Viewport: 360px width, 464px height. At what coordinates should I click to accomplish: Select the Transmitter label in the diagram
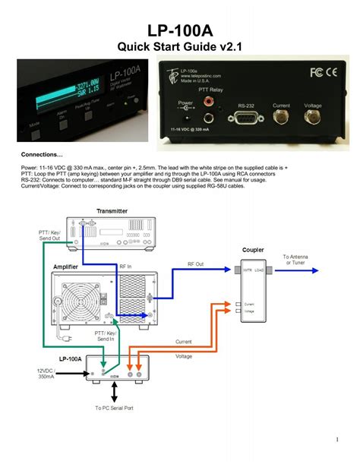point(112,210)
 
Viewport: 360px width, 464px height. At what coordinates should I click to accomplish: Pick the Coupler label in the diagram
point(253,250)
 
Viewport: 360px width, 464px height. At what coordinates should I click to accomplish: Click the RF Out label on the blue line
point(196,264)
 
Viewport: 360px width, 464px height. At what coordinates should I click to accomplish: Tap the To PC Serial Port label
point(115,409)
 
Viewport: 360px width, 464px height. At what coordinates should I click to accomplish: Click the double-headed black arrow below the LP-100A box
point(114,392)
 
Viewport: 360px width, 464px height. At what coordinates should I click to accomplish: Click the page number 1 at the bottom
point(336,440)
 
